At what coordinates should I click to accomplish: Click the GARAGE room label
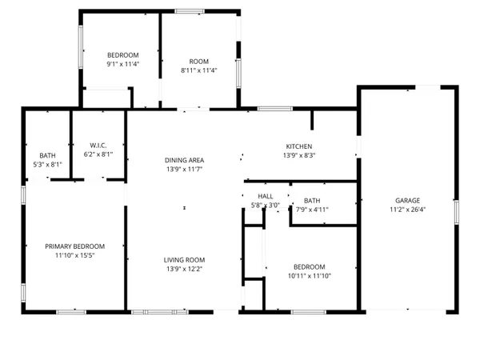coord(407,201)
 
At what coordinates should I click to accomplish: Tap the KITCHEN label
coord(299,146)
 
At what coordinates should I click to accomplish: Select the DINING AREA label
coord(185,160)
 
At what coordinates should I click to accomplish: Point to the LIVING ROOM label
coord(185,260)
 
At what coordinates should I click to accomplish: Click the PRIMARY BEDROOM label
coord(74,246)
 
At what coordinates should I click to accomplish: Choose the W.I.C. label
coord(98,145)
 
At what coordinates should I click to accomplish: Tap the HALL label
coord(266,196)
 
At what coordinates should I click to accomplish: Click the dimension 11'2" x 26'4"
coord(407,210)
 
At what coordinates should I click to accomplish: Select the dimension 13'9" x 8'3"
coord(299,155)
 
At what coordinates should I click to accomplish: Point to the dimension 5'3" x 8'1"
coord(47,165)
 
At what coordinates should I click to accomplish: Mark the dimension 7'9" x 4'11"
coord(312,210)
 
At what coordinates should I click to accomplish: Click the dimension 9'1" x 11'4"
coord(123,63)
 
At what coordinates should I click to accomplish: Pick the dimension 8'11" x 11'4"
coord(198,70)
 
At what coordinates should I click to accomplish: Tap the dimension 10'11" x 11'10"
coord(309,276)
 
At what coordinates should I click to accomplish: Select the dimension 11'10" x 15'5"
coord(74,256)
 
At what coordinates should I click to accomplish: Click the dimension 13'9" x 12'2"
coord(185,270)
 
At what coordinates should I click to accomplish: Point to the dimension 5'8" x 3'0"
coord(266,206)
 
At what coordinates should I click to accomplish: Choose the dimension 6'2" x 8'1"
coord(98,154)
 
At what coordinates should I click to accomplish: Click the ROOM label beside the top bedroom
coord(198,61)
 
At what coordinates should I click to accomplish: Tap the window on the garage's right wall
coord(457,212)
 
